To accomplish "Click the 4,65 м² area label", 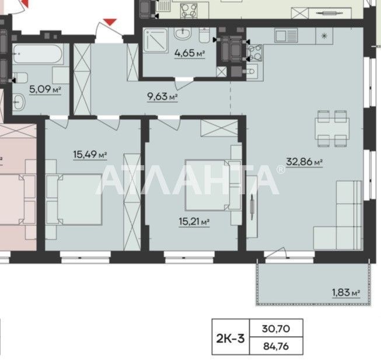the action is (190, 53).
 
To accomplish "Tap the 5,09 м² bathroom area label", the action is (45, 89).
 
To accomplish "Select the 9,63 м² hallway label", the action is (163, 97).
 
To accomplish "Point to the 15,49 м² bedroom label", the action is (90, 154).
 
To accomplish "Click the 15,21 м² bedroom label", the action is (194, 222).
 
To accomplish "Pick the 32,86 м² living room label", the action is (304, 162).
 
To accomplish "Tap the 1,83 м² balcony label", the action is (346, 292).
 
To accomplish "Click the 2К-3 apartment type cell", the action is (230, 338).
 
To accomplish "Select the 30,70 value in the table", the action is (276, 328).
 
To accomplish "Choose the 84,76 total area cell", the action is (276, 346).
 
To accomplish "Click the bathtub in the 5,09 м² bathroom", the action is (38, 54).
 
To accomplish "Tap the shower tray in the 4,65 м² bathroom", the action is (156, 40).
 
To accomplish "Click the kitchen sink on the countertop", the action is (286, 36).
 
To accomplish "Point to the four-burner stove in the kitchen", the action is (255, 53).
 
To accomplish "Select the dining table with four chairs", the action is (332, 128).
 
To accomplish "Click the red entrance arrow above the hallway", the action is (110, 22).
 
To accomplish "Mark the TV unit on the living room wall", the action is (252, 207).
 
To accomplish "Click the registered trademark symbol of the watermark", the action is (281, 169).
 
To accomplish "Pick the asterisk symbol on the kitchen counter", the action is (324, 36).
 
